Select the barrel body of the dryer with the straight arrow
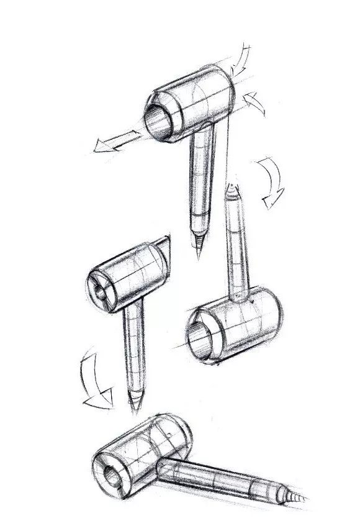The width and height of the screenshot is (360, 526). point(199,99)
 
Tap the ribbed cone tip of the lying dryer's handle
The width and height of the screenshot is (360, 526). point(296,499)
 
